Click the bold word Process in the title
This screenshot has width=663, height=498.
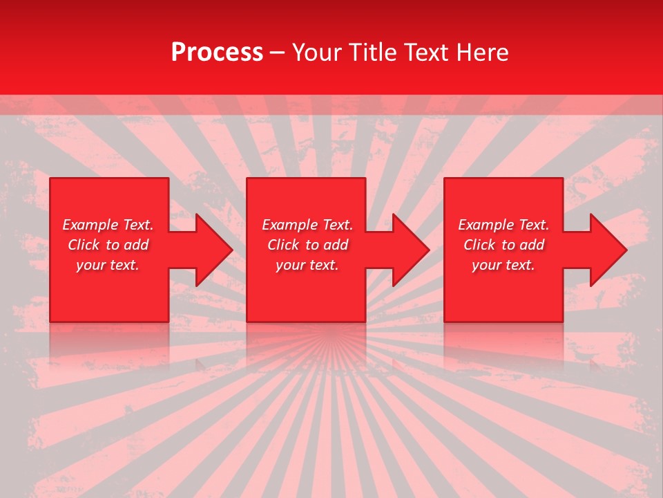coord(217,53)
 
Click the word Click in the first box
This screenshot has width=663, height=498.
coord(84,245)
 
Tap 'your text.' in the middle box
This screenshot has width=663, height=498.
coord(307,265)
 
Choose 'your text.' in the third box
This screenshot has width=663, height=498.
coord(503,265)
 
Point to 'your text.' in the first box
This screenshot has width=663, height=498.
coord(108,265)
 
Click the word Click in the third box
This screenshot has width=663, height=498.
coord(479,245)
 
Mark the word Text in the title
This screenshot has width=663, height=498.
coord(425,53)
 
